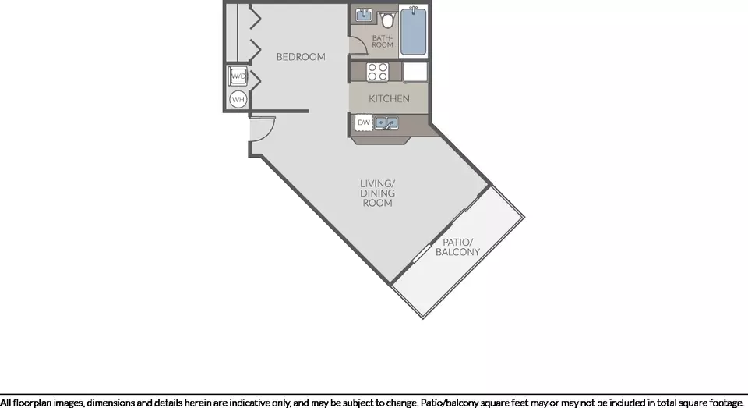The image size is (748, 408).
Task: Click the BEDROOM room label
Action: [301, 57]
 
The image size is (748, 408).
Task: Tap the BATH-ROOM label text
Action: [383, 41]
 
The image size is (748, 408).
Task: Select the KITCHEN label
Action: [389, 98]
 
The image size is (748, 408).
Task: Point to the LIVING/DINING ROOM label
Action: [377, 193]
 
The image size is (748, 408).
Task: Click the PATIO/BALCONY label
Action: [457, 247]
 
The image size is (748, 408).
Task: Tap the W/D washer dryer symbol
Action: [238, 76]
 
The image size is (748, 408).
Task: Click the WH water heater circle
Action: [238, 99]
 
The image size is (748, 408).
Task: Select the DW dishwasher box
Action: [364, 122]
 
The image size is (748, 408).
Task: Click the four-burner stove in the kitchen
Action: [377, 72]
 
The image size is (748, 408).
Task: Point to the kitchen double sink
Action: [386, 122]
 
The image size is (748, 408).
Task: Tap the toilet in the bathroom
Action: [388, 20]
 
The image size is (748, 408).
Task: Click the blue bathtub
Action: [414, 31]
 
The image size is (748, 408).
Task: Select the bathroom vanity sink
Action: [364, 15]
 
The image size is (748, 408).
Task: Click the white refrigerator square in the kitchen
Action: [415, 72]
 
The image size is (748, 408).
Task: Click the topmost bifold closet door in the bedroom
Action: [256, 19]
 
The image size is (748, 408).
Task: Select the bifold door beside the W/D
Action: [256, 79]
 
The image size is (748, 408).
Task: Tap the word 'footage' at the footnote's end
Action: [726, 403]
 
